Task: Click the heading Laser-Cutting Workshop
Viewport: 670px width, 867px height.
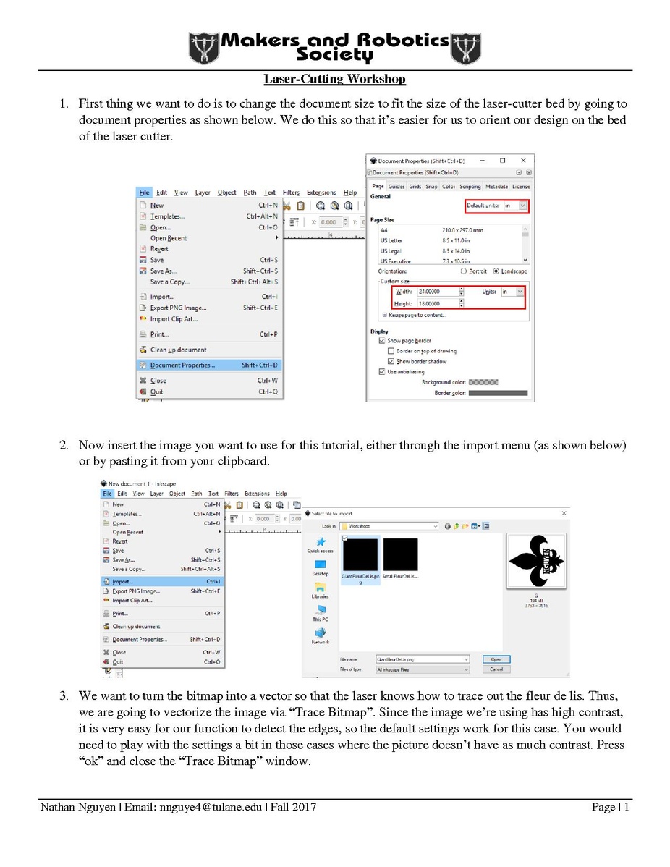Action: [x=334, y=78]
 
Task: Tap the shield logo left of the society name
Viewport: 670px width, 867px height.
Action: [x=203, y=48]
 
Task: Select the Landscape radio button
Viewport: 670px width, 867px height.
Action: [x=496, y=271]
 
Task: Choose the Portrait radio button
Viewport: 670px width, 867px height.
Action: [x=464, y=271]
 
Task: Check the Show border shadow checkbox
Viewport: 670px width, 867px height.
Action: [x=391, y=361]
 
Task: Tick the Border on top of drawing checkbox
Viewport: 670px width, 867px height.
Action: [x=391, y=351]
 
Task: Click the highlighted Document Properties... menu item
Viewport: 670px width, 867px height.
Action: [x=210, y=365]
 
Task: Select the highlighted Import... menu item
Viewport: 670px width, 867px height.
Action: [x=162, y=580]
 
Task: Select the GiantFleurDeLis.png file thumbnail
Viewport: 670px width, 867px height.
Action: [x=360, y=555]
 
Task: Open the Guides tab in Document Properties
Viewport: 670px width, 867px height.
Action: [x=397, y=187]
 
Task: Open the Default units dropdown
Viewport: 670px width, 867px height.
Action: [x=523, y=206]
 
